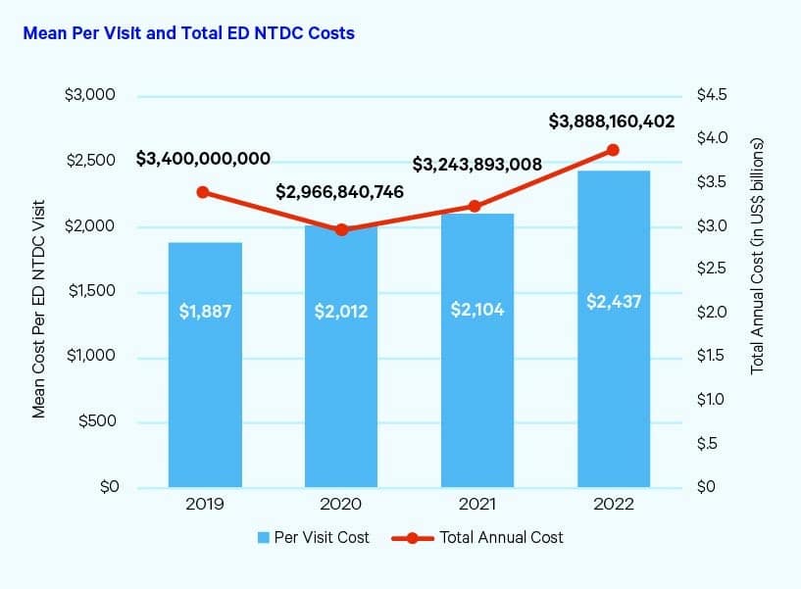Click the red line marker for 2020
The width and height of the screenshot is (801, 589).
click(341, 229)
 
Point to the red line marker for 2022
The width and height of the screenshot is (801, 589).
click(614, 150)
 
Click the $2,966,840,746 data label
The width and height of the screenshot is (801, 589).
click(340, 191)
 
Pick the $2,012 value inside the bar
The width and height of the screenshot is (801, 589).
click(340, 312)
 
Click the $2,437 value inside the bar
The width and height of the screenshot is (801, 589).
click(614, 301)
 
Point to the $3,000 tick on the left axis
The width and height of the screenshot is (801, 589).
click(89, 96)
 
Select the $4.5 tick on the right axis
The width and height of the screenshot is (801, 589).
click(711, 96)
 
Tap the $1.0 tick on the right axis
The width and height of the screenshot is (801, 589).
click(711, 400)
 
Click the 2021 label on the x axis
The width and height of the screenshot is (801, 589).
click(477, 505)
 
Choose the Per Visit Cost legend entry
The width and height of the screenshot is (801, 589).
click(314, 537)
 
